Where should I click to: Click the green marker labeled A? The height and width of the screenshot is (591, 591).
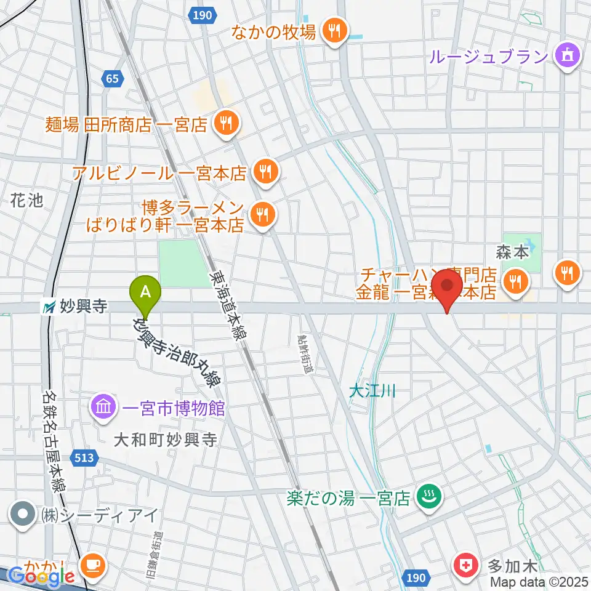[145, 291]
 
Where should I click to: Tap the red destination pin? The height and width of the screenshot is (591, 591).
[447, 287]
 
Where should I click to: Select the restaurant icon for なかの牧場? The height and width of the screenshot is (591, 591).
[334, 32]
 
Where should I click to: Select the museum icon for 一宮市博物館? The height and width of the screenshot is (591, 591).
[102, 407]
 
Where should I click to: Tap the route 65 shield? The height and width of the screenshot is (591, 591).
[111, 78]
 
